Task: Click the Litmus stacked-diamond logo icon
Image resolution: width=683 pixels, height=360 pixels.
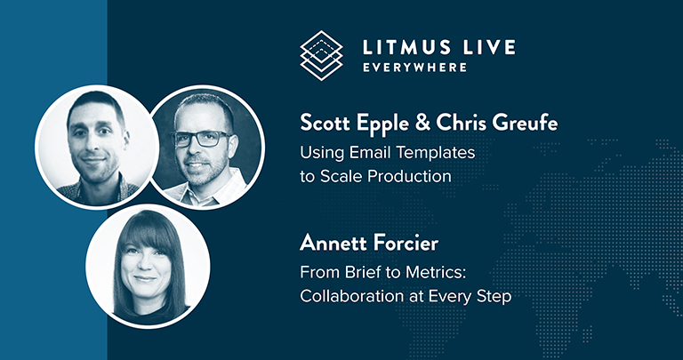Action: [x=320, y=55]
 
